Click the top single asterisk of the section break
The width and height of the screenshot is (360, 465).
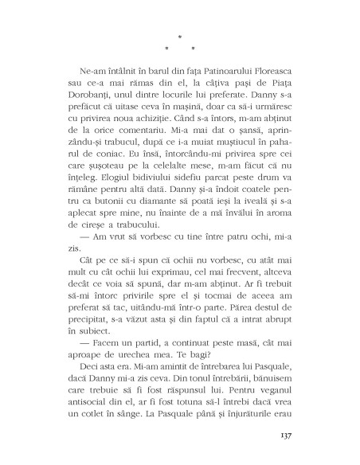(181, 37)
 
